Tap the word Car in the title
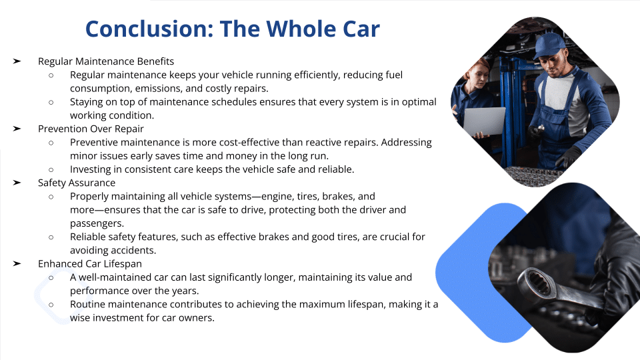click(361, 29)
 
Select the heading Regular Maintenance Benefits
click(106, 61)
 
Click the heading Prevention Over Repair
click(91, 129)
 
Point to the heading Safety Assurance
click(76, 183)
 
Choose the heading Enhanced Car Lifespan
click(90, 264)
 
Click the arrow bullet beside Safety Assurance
click(17, 183)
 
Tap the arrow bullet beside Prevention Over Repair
click(17, 129)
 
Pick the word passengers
click(97, 224)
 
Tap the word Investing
click(90, 169)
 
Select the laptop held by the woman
click(485, 121)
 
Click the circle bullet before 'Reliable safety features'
click(51, 237)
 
